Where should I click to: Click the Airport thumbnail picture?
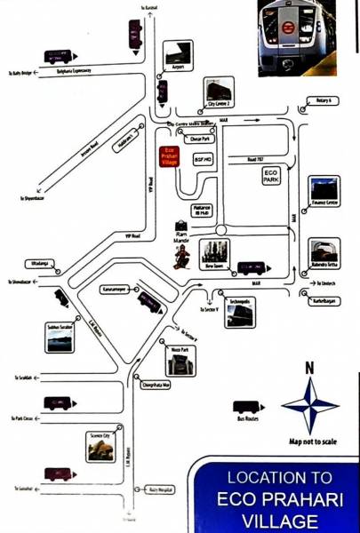point(177,52)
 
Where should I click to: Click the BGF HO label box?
point(201,158)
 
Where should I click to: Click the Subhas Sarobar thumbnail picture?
point(60,341)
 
